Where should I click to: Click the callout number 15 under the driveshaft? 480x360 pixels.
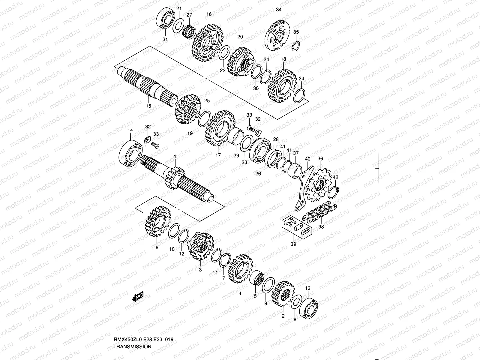pos(148,106)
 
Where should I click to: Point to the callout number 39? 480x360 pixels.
pos(293,244)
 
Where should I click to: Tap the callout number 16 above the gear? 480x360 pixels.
pos(209,14)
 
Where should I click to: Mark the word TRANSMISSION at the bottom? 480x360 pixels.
pos(132,346)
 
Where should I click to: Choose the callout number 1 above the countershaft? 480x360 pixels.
pos(175,156)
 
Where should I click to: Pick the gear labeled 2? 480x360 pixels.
pos(283,293)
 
